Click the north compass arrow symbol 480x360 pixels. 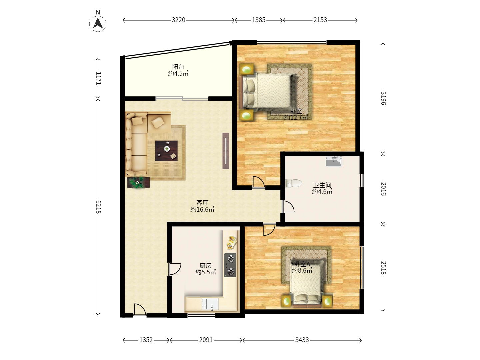pos(98,23)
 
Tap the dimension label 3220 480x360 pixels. pos(178,20)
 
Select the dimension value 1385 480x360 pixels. pos(259,20)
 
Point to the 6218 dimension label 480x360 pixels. pos(98,207)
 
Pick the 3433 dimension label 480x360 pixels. pos(302,340)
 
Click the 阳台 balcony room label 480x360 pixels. pos(178,66)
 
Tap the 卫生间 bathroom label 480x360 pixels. pos(322,185)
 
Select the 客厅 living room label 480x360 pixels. pos(202,203)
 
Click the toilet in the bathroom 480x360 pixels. pos(294,183)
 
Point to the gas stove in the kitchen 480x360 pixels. pos(230,265)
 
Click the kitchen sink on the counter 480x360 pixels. pos(210,304)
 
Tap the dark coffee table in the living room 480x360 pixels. pos(166,151)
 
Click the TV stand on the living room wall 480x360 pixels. pos(226,151)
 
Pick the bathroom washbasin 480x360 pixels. pos(334,162)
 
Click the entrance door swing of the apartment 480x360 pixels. pos(140,310)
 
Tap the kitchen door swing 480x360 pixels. pos(175,269)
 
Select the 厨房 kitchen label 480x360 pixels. pos(206,266)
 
